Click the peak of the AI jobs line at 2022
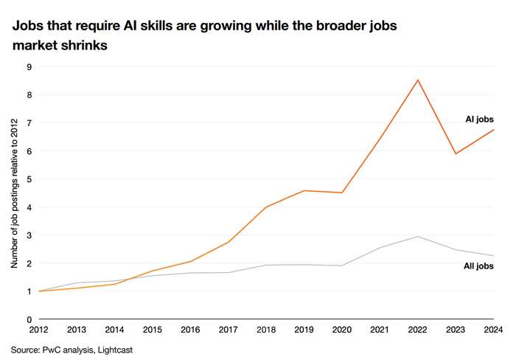(418, 80)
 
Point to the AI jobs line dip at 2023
(456, 154)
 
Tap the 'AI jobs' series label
(479, 120)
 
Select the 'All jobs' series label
(478, 266)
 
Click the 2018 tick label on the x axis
(266, 329)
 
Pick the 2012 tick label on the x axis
(39, 329)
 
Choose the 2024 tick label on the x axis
(493, 329)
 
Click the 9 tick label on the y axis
(29, 67)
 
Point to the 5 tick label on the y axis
(29, 179)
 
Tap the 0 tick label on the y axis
(29, 319)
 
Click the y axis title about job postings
(14, 193)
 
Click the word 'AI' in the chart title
(130, 25)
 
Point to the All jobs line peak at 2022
(418, 237)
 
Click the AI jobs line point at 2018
(266, 207)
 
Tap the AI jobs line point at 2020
(342, 193)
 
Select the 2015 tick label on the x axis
(153, 329)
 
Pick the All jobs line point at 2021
(380, 248)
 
